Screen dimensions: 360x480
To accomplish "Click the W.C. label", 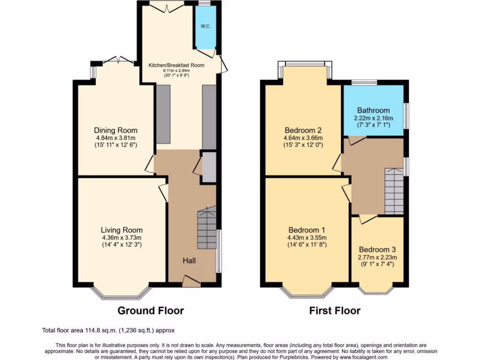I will [x=205, y=26].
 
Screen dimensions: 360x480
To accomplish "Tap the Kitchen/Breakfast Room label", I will [x=177, y=65].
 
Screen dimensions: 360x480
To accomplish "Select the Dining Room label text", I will [x=116, y=130].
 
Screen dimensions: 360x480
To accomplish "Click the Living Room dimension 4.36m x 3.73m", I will [x=122, y=238].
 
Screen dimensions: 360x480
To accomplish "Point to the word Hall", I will [x=189, y=260].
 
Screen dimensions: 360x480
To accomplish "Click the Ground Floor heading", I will [x=150, y=310].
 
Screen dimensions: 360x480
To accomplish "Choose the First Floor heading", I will [x=335, y=310].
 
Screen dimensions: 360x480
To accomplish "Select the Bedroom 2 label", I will [x=303, y=130].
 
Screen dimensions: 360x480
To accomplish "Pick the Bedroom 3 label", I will [x=377, y=250].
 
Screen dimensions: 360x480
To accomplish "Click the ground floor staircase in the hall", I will [x=207, y=229].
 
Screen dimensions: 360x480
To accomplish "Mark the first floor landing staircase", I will [x=394, y=190].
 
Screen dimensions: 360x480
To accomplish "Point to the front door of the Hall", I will [x=191, y=281].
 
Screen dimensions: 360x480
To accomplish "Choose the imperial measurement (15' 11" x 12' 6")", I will [x=116, y=145].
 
